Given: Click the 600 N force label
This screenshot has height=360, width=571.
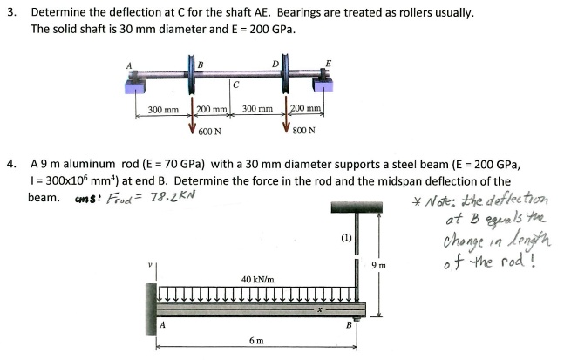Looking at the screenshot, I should click(x=209, y=132).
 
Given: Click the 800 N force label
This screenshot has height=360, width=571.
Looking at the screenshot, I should click(x=304, y=132).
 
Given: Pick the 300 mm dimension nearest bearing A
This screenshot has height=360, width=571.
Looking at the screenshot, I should click(x=163, y=110).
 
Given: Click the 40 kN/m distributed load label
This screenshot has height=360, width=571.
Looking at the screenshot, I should click(x=257, y=280).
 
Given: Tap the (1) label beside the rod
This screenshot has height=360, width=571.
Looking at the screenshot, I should click(x=347, y=237).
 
